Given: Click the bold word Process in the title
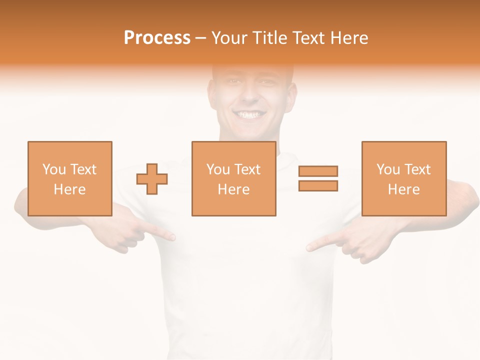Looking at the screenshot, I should (x=157, y=38).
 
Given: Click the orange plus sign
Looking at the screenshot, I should (x=152, y=178).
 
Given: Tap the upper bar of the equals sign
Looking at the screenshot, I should (x=318, y=171).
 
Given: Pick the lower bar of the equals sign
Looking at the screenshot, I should (x=318, y=185).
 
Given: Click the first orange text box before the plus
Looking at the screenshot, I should (x=69, y=150).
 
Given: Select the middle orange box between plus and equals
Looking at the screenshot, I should (x=233, y=150).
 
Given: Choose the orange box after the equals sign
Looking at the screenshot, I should (x=403, y=150).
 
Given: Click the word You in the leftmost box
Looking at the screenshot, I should (x=54, y=169).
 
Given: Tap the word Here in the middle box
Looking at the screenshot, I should (x=233, y=189).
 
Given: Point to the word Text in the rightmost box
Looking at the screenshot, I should (x=417, y=169).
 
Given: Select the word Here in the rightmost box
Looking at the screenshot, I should (x=403, y=189).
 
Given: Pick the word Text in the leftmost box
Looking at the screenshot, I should (x=83, y=169).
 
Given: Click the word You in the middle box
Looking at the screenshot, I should (x=218, y=169).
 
